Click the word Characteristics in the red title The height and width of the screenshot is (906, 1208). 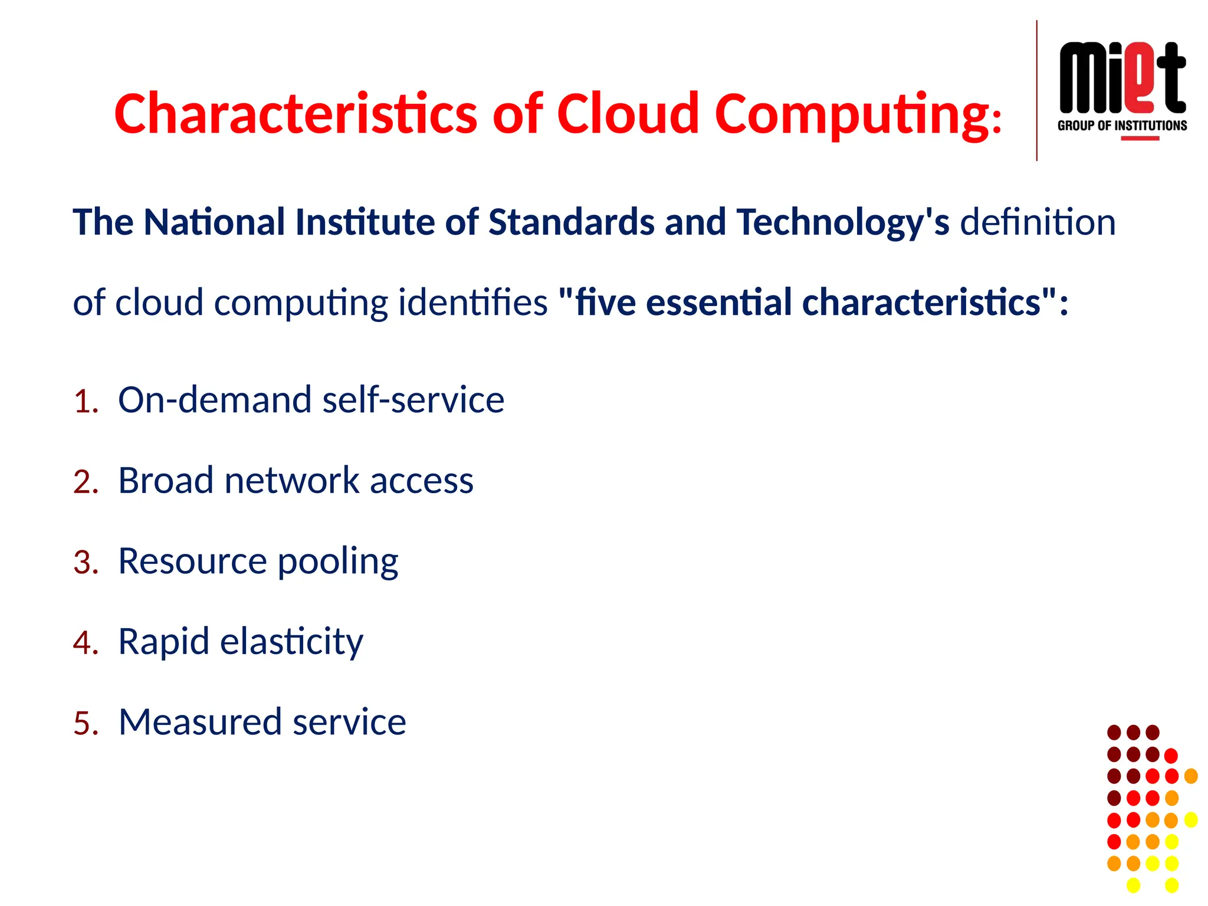[295, 113]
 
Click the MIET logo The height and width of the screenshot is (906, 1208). [1122, 78]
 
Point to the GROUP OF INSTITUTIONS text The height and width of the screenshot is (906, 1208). [1122, 126]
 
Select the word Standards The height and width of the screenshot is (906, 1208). [571, 222]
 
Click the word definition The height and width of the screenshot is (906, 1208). [1038, 222]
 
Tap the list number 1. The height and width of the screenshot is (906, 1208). [85, 402]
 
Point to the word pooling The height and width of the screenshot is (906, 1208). [337, 562]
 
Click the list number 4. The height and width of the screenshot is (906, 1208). [85, 643]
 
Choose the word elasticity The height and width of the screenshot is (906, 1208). [291, 642]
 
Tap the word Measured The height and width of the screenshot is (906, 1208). [201, 721]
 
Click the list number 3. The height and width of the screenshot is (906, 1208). [85, 562]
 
